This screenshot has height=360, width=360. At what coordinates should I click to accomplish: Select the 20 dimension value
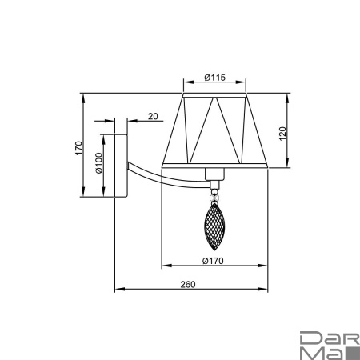pyautogui.click(x=152, y=117)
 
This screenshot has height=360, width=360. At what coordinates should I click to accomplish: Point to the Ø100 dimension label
pyautogui.click(x=98, y=165)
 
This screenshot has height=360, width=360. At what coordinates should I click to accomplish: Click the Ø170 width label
pyautogui.click(x=212, y=261)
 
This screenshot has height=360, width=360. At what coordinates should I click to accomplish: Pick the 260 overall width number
pyautogui.click(x=188, y=284)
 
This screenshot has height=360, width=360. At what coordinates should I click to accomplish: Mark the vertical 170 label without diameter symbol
pyautogui.click(x=78, y=148)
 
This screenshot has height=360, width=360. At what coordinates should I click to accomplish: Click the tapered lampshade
pyautogui.click(x=213, y=132)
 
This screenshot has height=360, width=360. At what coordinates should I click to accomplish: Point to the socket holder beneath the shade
pyautogui.click(x=214, y=177)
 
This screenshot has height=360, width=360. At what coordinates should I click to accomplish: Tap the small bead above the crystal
pyautogui.click(x=214, y=194)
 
